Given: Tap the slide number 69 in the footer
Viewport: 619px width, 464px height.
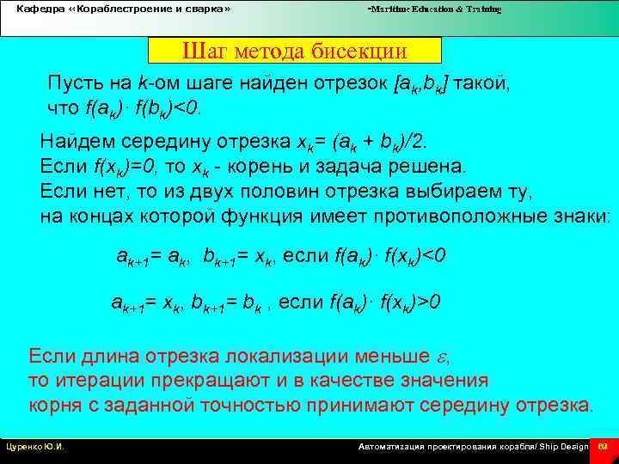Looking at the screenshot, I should click(603, 448).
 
